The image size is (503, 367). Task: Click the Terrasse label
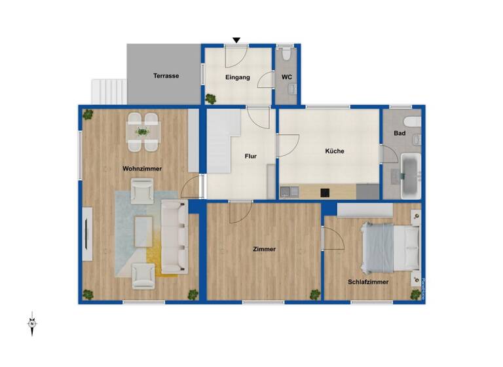pos(166,76)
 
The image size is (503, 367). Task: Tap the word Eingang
pos(237,77)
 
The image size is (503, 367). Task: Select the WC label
pos(286,77)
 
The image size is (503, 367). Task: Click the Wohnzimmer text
pos(141,168)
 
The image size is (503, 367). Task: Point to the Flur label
pos(250,157)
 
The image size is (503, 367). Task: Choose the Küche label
pos(334,151)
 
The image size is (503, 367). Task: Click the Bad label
pos(399,133)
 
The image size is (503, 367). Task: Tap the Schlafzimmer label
pos(368,282)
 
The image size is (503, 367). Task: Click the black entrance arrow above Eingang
pos(236,41)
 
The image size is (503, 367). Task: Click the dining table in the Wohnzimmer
pos(142,131)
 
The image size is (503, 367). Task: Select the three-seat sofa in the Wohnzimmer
pos(174,236)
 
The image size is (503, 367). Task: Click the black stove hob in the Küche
pos(324,193)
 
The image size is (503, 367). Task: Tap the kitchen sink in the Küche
pos(289,192)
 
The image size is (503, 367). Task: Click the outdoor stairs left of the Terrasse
pos(107,92)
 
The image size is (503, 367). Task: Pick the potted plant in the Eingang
pos(210,99)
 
